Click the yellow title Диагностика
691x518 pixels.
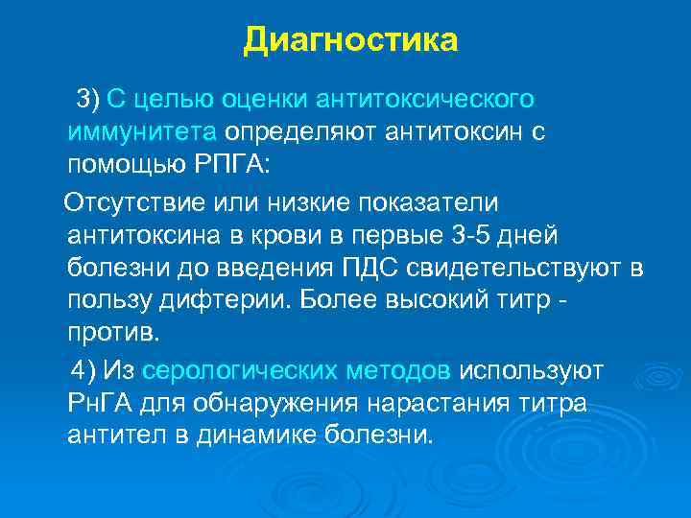click(350, 40)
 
